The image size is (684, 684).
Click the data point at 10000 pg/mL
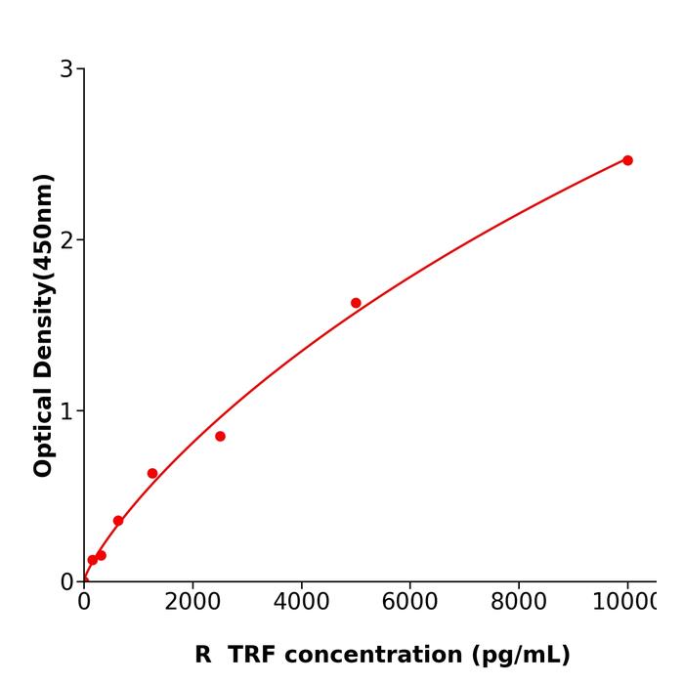point(627,160)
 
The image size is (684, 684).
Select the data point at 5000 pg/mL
point(356,303)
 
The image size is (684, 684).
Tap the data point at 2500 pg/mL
point(220,436)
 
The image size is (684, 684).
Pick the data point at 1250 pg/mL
point(152,474)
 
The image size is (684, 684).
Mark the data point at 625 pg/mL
point(118,521)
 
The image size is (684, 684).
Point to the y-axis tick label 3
point(66,69)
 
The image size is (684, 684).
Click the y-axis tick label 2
point(66,240)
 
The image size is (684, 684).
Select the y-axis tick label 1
point(66,411)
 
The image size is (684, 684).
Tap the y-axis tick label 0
point(66,582)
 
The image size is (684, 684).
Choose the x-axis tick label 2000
point(192,603)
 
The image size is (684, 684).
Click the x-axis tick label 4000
point(301,603)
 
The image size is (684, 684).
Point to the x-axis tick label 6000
point(409,603)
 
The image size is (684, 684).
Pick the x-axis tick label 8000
point(518,603)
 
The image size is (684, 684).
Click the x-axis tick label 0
point(84,603)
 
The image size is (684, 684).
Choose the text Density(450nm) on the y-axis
point(43,276)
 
